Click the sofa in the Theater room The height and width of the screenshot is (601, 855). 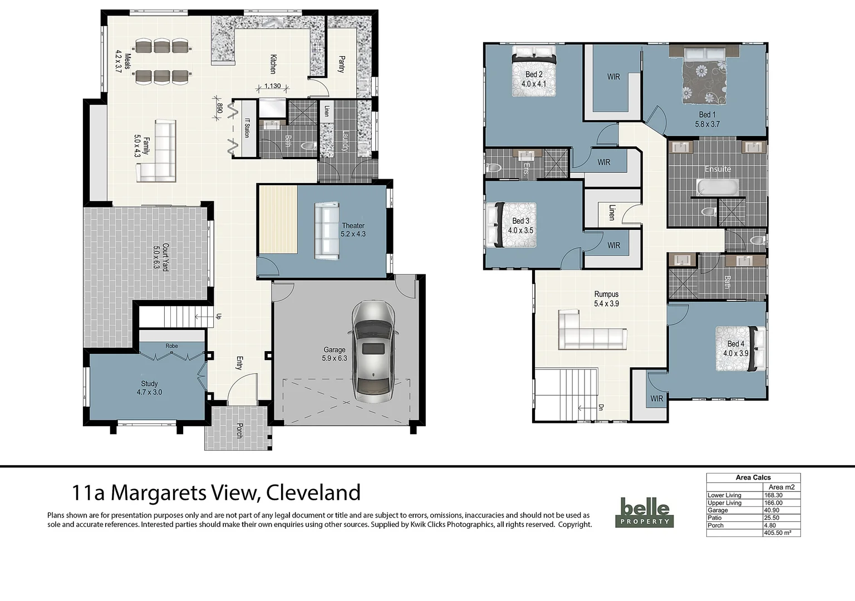pyautogui.click(x=327, y=231)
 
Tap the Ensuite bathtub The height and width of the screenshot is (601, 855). pyautogui.click(x=718, y=188)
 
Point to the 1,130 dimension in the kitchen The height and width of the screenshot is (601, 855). pyautogui.click(x=272, y=86)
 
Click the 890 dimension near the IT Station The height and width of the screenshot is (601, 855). pyautogui.click(x=219, y=108)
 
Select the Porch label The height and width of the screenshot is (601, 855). pyautogui.click(x=239, y=429)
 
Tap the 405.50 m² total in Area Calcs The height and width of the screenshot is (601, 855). pyautogui.click(x=782, y=533)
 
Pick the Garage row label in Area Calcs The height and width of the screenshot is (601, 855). pyautogui.click(x=718, y=510)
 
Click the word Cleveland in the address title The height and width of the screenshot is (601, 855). pyautogui.click(x=313, y=493)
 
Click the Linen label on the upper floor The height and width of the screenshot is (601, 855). pyautogui.click(x=612, y=213)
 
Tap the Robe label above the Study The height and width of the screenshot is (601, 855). pyautogui.click(x=171, y=346)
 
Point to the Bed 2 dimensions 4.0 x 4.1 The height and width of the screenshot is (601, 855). pyautogui.click(x=533, y=84)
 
